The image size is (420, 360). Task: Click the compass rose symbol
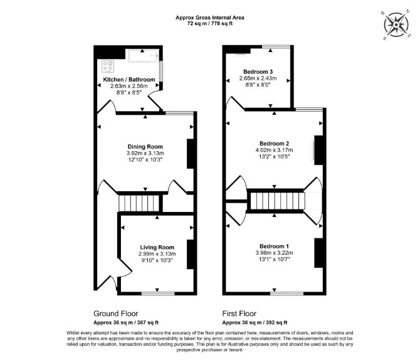click(x=396, y=24)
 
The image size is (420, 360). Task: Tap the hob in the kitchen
click(x=108, y=66)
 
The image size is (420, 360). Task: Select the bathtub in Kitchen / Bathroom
click(x=144, y=56)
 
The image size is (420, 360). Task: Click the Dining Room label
click(x=145, y=147)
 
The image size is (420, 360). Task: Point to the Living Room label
click(x=157, y=247)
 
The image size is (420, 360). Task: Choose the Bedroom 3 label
click(x=258, y=71)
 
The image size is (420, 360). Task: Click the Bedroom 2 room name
click(x=274, y=144)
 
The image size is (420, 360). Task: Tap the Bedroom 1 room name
click(x=274, y=246)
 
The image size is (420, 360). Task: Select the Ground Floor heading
click(x=116, y=314)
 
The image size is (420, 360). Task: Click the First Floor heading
click(x=239, y=314)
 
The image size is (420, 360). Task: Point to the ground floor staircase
click(x=139, y=203)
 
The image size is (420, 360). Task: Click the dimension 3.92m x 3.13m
click(x=145, y=153)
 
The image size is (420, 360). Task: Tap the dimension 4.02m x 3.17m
click(x=274, y=150)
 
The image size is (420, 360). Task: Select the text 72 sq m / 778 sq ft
click(x=210, y=24)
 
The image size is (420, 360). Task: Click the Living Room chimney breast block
click(x=190, y=254)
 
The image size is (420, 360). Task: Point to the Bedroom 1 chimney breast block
click(x=318, y=253)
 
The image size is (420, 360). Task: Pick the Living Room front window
click(x=158, y=294)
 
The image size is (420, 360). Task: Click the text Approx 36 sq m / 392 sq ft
click(x=255, y=322)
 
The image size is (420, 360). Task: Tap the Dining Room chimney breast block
click(x=190, y=154)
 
